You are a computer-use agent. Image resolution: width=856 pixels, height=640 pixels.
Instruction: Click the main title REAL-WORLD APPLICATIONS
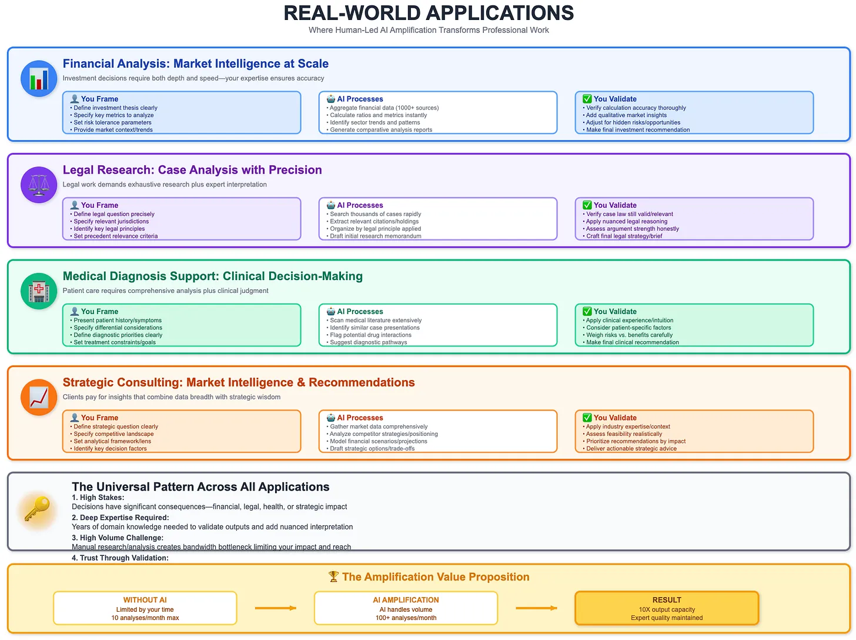click(429, 13)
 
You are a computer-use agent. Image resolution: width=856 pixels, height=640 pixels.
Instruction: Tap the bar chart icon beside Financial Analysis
click(39, 79)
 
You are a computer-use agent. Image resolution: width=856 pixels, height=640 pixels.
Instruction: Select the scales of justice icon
click(39, 185)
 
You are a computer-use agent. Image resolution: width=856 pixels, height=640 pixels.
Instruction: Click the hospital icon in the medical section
click(39, 291)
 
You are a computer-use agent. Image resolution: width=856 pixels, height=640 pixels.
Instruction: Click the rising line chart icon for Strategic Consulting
click(39, 397)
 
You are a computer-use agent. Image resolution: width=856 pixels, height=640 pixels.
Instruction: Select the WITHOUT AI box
click(145, 608)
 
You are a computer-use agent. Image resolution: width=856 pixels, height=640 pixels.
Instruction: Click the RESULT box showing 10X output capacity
click(667, 608)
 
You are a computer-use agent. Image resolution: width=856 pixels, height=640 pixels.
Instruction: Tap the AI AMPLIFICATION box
click(406, 608)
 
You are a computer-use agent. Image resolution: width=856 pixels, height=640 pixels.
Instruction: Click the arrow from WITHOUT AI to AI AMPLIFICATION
click(275, 608)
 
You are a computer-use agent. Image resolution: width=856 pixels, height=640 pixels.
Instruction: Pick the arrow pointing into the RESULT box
click(536, 608)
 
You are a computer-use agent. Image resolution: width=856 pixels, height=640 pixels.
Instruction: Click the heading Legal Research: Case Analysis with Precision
click(192, 170)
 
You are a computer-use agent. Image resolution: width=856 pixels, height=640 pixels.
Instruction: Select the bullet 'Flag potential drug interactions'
click(371, 335)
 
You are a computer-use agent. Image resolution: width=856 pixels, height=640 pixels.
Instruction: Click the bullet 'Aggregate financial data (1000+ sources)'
click(384, 108)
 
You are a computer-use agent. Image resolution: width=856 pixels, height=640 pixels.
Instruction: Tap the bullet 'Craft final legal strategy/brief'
click(624, 236)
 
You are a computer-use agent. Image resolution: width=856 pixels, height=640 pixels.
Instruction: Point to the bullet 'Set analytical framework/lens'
click(112, 441)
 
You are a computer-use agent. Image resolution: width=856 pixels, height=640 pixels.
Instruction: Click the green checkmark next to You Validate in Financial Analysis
click(587, 99)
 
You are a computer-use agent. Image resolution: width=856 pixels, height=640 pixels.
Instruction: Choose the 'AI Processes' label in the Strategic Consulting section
click(360, 418)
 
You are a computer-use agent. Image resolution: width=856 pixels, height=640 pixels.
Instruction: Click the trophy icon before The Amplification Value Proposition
click(333, 577)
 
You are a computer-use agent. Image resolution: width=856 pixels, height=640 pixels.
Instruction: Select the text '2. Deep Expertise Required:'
click(121, 518)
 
